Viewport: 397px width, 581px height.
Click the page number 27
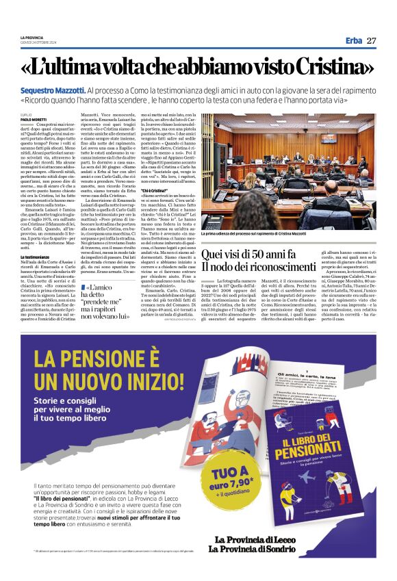[371, 40]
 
